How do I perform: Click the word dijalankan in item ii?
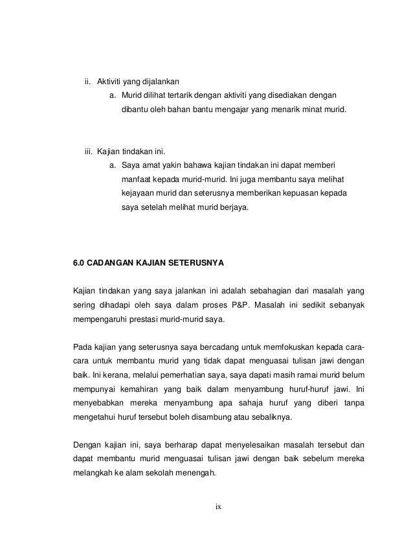pyautogui.click(x=159, y=82)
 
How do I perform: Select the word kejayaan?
pyautogui.click(x=138, y=194)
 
